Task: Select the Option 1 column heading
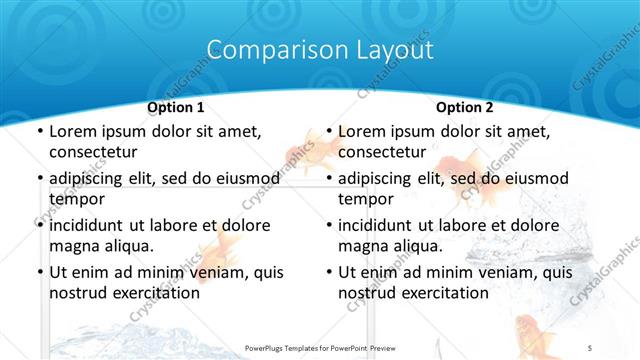175,107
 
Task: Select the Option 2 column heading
464,107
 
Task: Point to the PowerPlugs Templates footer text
320,347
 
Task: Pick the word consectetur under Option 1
92,151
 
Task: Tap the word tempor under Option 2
366,198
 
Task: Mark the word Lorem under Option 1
73,131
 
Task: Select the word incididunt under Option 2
378,225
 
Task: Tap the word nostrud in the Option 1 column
78,292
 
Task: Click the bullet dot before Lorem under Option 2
328,131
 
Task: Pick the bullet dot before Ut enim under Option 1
39,272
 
